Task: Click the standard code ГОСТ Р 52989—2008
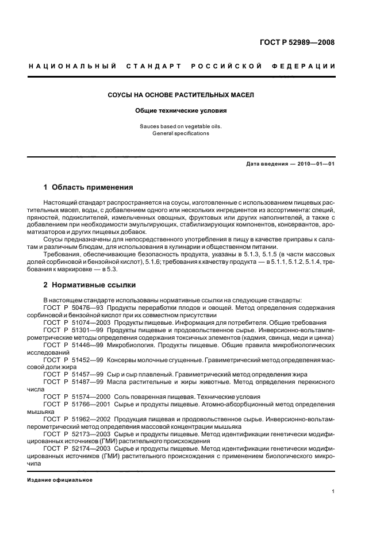pos(298,43)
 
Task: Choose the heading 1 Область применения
pos(89,187)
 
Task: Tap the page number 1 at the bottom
pos(333,491)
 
